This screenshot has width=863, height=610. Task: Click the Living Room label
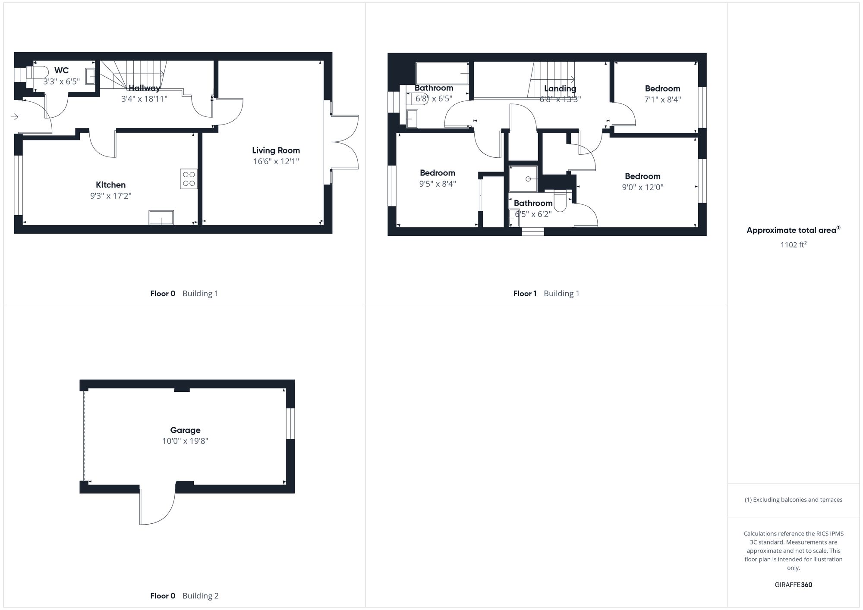click(x=276, y=150)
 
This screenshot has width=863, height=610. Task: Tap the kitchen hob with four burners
click(x=189, y=179)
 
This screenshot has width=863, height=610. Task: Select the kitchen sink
click(x=161, y=217)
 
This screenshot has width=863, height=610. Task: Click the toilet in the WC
click(x=38, y=72)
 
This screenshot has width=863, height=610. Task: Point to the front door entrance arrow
click(x=14, y=117)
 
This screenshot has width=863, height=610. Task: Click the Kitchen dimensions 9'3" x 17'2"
click(x=110, y=196)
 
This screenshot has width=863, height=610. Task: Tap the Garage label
click(x=185, y=430)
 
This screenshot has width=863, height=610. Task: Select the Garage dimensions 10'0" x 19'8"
click(x=185, y=441)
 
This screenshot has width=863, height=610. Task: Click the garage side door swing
click(x=157, y=507)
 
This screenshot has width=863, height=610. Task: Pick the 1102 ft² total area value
click(x=793, y=245)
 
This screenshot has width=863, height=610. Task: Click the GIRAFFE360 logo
click(x=793, y=585)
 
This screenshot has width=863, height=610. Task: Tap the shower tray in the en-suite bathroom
click(x=523, y=179)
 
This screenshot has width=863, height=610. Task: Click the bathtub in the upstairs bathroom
click(x=442, y=73)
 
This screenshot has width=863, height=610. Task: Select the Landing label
click(x=560, y=89)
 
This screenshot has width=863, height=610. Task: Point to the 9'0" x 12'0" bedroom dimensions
click(x=643, y=188)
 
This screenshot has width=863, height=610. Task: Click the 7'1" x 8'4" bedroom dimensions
click(x=662, y=100)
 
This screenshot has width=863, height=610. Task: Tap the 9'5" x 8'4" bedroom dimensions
click(x=438, y=184)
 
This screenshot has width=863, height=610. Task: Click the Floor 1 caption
click(x=525, y=294)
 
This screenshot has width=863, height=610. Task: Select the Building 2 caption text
click(x=200, y=596)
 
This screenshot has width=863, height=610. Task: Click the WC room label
click(x=61, y=71)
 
